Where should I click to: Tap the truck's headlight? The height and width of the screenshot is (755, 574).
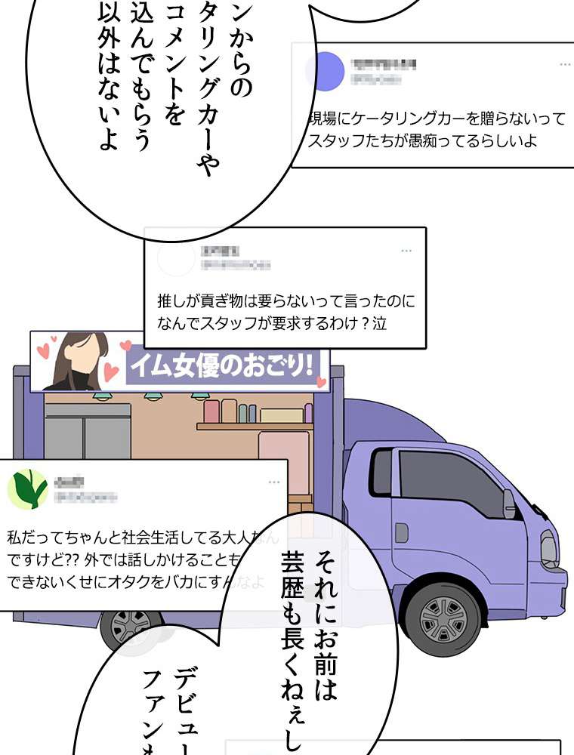[549, 548]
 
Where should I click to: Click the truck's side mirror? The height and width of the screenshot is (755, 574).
[510, 503]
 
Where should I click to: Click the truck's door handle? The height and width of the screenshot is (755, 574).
[402, 532]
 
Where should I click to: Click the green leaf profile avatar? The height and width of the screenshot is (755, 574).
[26, 488]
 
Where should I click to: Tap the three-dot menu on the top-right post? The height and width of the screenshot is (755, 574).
[566, 65]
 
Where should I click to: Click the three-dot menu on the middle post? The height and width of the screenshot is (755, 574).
[406, 251]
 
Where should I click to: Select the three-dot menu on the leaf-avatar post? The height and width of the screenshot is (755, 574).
[274, 482]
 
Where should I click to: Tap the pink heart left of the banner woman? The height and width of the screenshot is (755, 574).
[44, 350]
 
